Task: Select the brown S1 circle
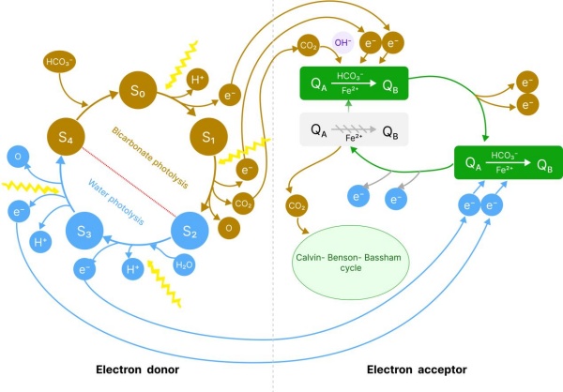[209, 140]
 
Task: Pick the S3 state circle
[90, 231]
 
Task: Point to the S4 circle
[64, 139]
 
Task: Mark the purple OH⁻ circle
[342, 42]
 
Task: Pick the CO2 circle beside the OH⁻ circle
[308, 43]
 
